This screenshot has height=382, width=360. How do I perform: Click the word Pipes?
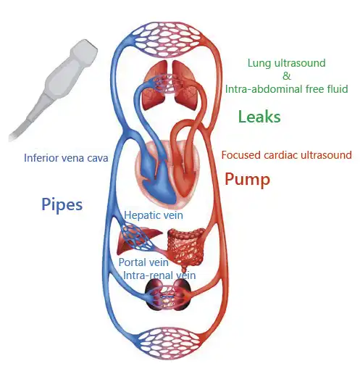(62, 205)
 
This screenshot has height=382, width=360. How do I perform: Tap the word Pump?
(247, 180)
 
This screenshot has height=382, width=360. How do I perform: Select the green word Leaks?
(259, 117)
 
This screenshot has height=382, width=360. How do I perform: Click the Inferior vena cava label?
(66, 158)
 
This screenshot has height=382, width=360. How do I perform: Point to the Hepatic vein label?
(154, 215)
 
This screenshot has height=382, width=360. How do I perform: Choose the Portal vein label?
(143, 262)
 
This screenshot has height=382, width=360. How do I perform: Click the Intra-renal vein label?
(159, 275)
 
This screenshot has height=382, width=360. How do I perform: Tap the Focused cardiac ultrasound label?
(287, 155)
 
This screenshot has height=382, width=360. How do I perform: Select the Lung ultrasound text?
(287, 63)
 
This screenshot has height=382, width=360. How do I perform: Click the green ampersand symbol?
(287, 76)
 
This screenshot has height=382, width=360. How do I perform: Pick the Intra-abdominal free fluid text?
(287, 89)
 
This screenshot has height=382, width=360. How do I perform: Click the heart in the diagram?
(168, 173)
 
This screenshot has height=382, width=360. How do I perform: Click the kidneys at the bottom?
(168, 295)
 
